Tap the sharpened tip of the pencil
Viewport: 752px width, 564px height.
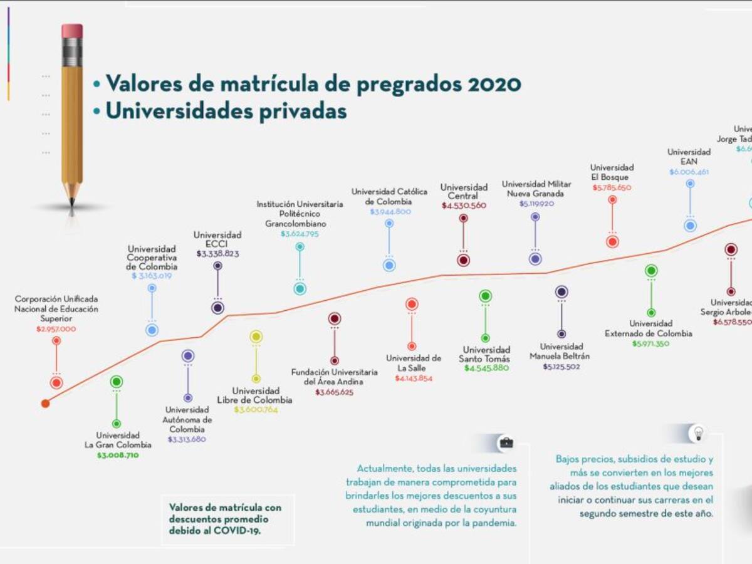(x=71, y=202)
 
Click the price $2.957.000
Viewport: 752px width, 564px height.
(x=56, y=329)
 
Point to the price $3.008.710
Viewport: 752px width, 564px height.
(x=118, y=456)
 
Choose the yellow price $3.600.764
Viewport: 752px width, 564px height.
(x=255, y=410)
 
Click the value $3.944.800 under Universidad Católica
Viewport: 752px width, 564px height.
(x=390, y=212)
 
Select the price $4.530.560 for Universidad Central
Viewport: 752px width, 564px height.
(x=464, y=206)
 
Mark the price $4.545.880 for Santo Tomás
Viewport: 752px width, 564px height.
(x=486, y=368)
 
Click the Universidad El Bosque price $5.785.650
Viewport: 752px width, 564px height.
(x=612, y=187)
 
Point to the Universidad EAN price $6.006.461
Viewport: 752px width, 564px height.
(x=689, y=172)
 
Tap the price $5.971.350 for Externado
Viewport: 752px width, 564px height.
(x=650, y=344)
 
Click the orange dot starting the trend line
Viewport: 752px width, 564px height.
(x=45, y=404)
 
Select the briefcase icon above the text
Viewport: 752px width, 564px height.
(x=506, y=443)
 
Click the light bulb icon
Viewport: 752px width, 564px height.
(x=697, y=432)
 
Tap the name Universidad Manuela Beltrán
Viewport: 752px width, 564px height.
(x=561, y=352)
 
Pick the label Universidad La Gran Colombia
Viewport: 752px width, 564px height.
(x=118, y=440)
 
